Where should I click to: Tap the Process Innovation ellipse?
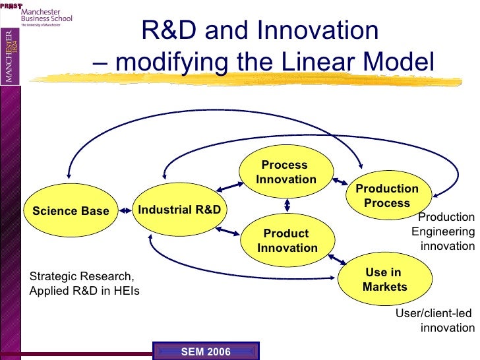tap(286, 172)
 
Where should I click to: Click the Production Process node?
tap(387, 195)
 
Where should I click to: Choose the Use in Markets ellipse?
tap(384, 280)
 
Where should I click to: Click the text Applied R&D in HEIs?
tap(84, 290)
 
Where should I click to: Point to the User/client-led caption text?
tap(433, 313)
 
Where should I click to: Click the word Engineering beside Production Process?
tap(442, 231)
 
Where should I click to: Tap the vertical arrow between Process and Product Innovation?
tap(287, 206)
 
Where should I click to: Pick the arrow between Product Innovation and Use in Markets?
tap(332, 256)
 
